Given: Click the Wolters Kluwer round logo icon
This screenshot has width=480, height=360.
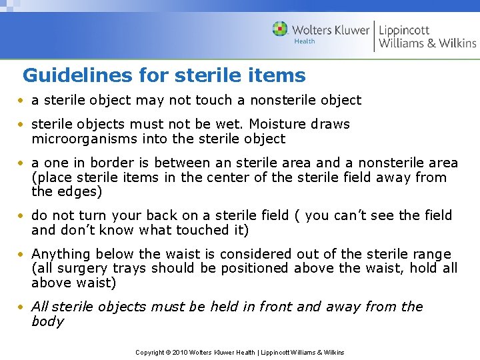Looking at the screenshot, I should click(x=280, y=29).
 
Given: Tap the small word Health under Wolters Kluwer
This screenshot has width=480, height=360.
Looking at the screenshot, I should click(x=305, y=41).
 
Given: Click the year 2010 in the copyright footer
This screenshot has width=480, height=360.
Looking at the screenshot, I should click(x=181, y=352).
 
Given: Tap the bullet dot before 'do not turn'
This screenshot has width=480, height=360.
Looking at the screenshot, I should click(x=22, y=216).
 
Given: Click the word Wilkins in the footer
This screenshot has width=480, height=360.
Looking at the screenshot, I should click(x=331, y=352).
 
